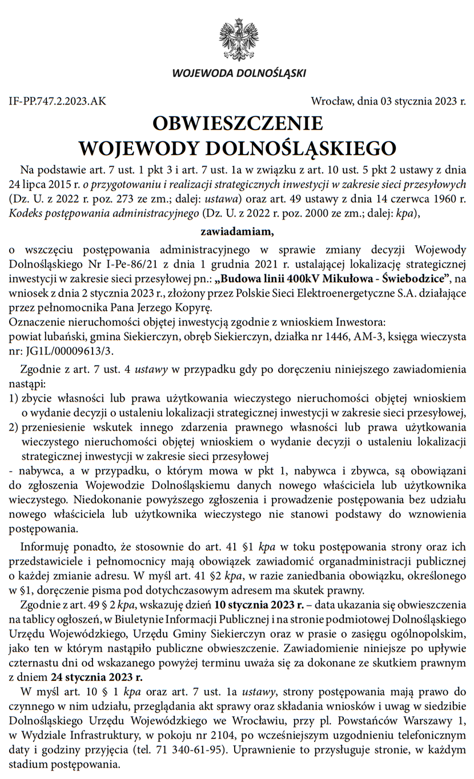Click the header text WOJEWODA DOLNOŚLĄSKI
(239, 73)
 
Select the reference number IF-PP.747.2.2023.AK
(58, 102)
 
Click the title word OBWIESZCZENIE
(238, 123)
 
